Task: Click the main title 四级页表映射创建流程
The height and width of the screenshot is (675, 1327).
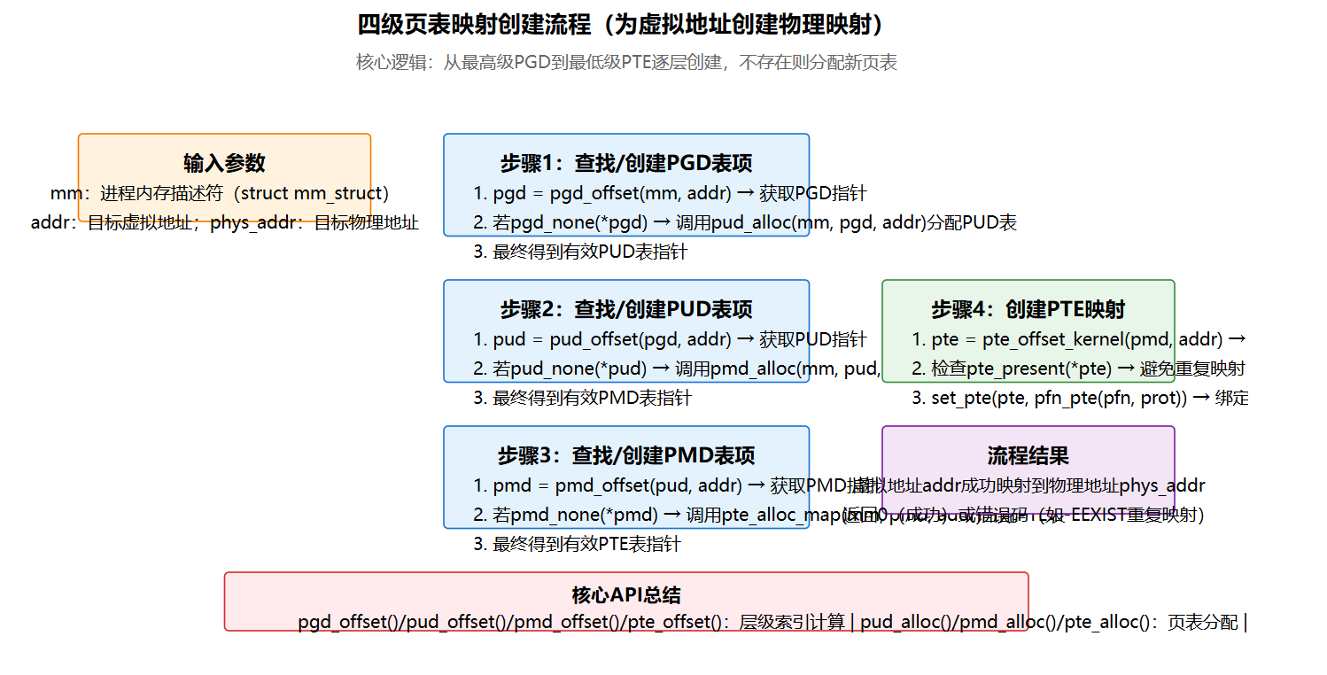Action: [620, 25]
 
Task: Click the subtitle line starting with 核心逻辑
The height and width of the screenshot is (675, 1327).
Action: [626, 63]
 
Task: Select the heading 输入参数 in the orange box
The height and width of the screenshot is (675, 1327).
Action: [224, 163]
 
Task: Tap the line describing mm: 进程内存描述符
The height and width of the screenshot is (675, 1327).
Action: [220, 193]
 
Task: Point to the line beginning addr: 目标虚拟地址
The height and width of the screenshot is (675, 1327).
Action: [224, 222]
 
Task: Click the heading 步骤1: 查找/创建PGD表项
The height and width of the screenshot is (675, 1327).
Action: [625, 163]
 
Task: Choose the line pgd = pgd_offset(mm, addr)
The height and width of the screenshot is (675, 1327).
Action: [669, 193]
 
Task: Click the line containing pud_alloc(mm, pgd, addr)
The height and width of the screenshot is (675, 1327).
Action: [744, 222]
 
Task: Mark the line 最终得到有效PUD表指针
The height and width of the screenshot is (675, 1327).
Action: [580, 252]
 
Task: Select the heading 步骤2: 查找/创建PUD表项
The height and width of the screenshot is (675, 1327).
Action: [625, 309]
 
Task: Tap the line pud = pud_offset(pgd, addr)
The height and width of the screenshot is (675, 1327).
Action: [669, 339]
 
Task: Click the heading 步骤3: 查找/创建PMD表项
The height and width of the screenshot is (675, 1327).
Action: [625, 455]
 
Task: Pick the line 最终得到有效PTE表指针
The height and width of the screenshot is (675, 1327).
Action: [577, 544]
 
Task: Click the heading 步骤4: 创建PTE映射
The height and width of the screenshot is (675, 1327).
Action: [1028, 309]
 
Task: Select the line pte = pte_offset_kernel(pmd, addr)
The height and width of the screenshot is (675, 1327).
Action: [1079, 339]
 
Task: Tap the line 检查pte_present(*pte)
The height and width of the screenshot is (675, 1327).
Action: [1079, 369]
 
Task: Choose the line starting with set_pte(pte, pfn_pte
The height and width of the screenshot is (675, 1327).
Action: [1080, 398]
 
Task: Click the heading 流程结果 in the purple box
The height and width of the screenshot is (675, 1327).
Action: [1028, 455]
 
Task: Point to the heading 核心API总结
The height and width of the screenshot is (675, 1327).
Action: [625, 595]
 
